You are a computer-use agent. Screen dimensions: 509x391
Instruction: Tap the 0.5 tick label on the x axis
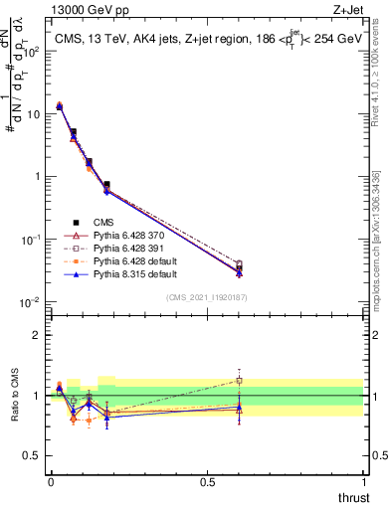pyautogui.click(x=207, y=481)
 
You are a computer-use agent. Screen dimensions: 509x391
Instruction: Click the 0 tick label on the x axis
pyautogui.click(x=51, y=481)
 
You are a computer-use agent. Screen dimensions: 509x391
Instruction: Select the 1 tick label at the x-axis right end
pyautogui.click(x=363, y=481)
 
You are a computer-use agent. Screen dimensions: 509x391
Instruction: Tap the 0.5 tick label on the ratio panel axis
pyautogui.click(x=35, y=456)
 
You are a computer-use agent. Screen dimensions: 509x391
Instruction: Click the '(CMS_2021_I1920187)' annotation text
pyautogui.click(x=207, y=297)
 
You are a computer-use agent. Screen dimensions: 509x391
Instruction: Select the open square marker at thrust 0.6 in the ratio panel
pyautogui.click(x=239, y=380)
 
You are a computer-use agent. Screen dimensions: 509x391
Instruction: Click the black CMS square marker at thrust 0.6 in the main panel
pyautogui.click(x=239, y=267)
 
